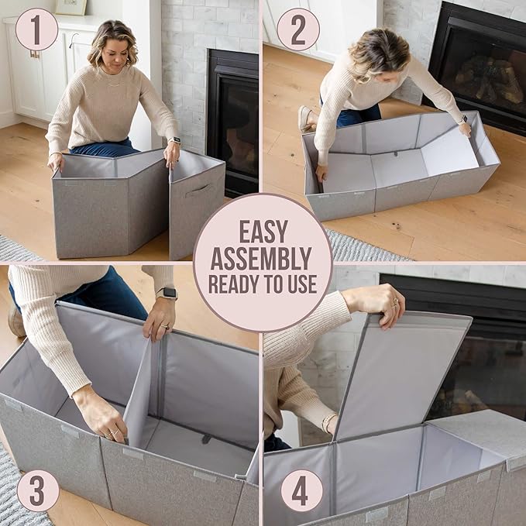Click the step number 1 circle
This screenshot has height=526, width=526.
[x=36, y=29]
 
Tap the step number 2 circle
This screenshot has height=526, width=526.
[x=298, y=29]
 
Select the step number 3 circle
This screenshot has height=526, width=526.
[x=38, y=490]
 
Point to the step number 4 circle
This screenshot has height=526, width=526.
[x=301, y=490]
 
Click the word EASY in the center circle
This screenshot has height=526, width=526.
[x=263, y=232]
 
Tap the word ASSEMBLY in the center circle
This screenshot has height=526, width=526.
[x=261, y=259]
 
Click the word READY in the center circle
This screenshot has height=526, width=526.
[x=233, y=284]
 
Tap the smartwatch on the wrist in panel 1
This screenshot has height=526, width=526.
[x=174, y=140]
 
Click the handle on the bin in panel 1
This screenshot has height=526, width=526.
[x=198, y=191]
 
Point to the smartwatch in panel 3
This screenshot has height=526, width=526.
[x=167, y=293]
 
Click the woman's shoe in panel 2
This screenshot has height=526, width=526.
[x=305, y=119]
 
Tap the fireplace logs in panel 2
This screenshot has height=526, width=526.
[x=489, y=80]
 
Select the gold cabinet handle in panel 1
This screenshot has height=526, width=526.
[x=35, y=54]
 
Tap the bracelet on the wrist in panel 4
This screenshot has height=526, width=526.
[x=328, y=422]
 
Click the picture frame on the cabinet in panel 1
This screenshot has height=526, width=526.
[x=70, y=7]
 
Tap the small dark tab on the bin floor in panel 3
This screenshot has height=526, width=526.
[x=207, y=438]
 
